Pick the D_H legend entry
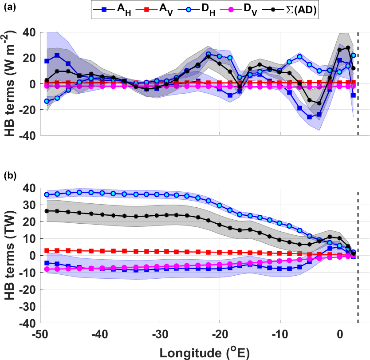[x=214, y=9]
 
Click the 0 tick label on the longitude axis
[x=340, y=333]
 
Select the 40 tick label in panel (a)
[x=30, y=32]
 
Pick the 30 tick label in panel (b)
[x=30, y=205]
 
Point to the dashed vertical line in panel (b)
[x=358, y=266]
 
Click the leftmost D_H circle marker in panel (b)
[x=46, y=194]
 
